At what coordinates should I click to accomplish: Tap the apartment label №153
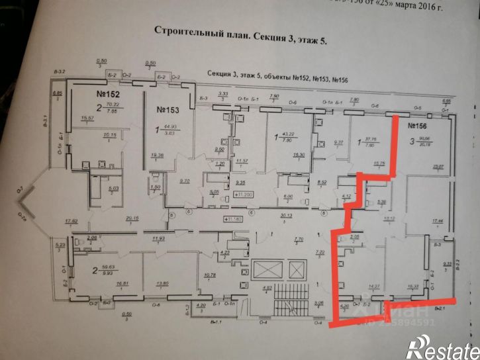coord(169,108)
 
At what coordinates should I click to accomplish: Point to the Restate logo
coord(442,346)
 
